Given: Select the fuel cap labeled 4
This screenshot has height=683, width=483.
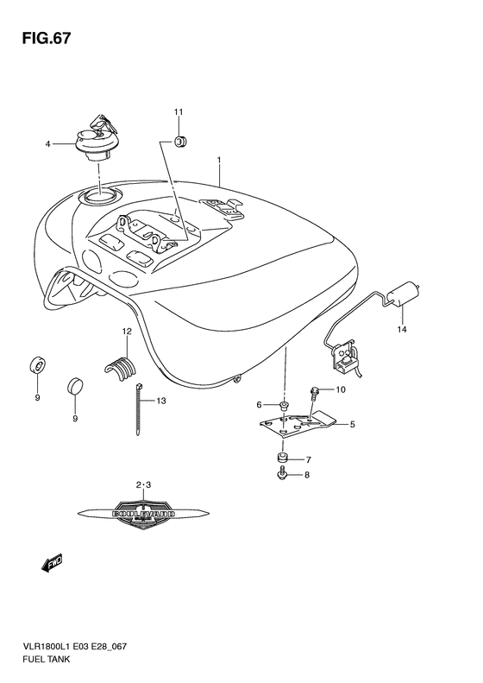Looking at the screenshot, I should pyautogui.click(x=95, y=139).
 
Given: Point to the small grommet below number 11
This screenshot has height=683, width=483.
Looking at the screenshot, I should pyautogui.click(x=181, y=141).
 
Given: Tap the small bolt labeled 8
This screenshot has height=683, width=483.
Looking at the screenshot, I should pyautogui.click(x=281, y=475).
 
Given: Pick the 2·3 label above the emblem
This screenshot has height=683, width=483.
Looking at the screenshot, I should pyautogui.click(x=143, y=486).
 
